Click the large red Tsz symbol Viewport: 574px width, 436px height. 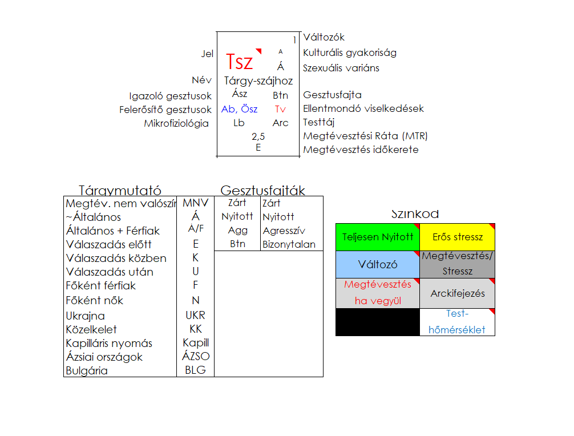coord(240,62)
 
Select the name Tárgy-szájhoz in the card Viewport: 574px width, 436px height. coord(258,81)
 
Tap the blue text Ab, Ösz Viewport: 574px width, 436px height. coord(239,109)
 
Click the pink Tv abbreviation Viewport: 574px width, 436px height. coord(280,109)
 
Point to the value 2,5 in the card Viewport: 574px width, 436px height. coord(258,136)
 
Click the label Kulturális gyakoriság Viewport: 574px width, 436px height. coord(350,53)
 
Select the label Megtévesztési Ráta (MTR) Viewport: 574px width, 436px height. coord(365,136)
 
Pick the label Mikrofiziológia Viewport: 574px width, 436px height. coord(176,123)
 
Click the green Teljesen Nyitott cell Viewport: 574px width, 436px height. coord(378,237)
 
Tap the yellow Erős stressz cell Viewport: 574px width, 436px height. coord(458,237)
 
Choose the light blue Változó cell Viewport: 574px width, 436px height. coord(378,265)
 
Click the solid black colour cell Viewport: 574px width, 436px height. coord(378,322)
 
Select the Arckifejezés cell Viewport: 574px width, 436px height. coord(458,293)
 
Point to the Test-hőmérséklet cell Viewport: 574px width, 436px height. coord(458,322)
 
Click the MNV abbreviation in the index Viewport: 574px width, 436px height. coord(196,203)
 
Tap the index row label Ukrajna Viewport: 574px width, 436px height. coord(86,316)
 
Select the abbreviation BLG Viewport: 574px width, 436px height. coord(195,370)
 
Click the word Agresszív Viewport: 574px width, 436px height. coord(284,231)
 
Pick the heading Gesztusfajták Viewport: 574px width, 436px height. coord(263,191)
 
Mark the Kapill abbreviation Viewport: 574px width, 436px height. coord(196,343)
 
